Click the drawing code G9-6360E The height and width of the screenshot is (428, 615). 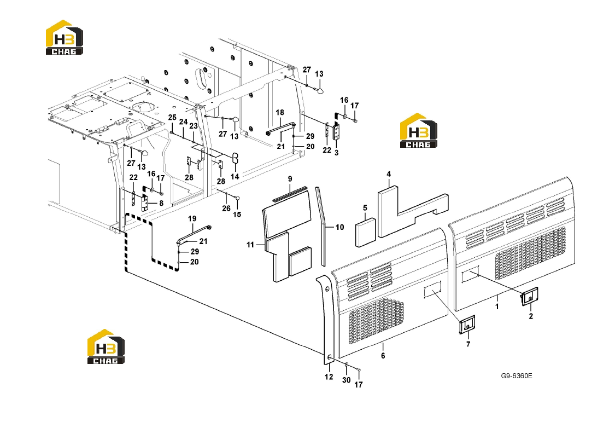(517, 376)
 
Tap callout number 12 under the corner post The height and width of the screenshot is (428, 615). (329, 377)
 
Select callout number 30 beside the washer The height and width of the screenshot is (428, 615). (347, 380)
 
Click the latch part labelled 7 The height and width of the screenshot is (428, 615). (467, 325)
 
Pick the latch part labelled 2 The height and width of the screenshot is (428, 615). (530, 297)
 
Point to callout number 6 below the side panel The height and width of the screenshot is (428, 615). (383, 356)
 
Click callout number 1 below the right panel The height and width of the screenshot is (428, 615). (497, 306)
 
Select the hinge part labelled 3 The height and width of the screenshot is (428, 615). (336, 131)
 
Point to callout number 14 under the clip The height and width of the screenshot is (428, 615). (235, 177)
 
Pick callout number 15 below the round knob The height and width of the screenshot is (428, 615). (237, 215)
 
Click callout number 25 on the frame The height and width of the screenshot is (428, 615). (173, 118)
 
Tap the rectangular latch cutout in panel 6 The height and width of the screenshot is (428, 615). (433, 291)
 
